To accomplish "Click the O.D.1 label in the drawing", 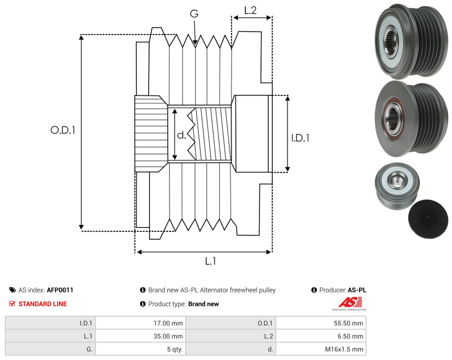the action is [x=63, y=130].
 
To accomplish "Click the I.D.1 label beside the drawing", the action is [x=300, y=138].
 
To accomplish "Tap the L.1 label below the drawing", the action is [x=211, y=261].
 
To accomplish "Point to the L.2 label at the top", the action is [x=250, y=10].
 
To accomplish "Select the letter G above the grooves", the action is [x=194, y=14].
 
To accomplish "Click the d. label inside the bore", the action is [x=181, y=135].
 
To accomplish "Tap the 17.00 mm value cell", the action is [x=140, y=323].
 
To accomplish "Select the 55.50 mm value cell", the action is [x=321, y=323].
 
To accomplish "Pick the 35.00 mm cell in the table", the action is [x=140, y=336].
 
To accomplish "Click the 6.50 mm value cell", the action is [x=321, y=336].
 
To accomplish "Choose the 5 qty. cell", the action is [x=140, y=349].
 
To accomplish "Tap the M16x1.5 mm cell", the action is [x=321, y=349].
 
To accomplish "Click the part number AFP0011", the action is [x=60, y=290].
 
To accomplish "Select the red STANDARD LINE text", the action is [x=43, y=304].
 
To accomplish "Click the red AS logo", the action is [x=350, y=302].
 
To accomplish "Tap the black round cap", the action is [x=428, y=219].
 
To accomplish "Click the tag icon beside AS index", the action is [x=13, y=290].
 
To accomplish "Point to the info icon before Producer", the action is [x=314, y=290].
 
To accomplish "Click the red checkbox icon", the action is [x=12, y=304].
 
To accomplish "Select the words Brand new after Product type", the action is [x=204, y=304].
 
